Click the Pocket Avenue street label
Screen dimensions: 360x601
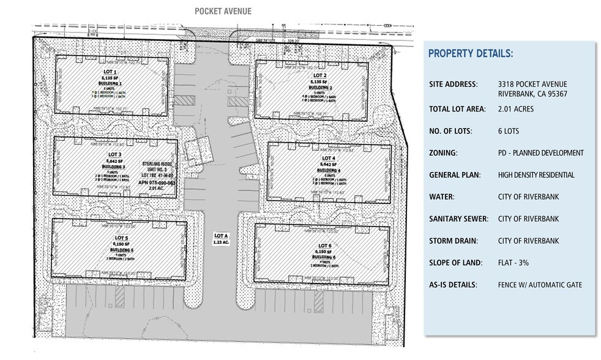(223, 11)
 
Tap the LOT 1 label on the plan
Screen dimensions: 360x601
(111, 72)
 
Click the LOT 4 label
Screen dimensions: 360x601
(329, 158)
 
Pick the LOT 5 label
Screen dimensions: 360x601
(121, 238)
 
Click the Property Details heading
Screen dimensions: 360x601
(470, 54)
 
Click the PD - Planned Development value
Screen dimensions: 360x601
(541, 153)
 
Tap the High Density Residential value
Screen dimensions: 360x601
(537, 175)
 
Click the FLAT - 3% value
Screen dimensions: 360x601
(513, 263)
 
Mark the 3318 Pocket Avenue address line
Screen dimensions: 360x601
(532, 84)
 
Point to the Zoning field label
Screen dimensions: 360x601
(444, 153)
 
